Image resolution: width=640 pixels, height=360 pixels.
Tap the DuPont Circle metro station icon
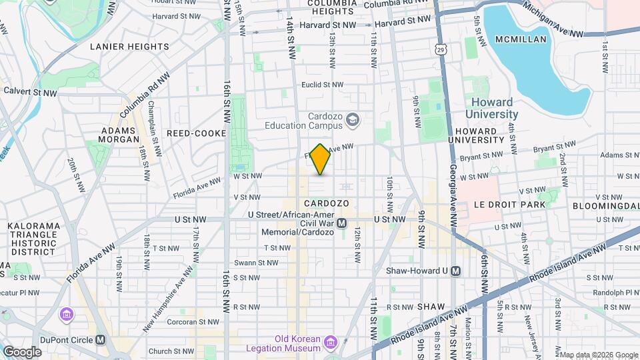click(x=101, y=339)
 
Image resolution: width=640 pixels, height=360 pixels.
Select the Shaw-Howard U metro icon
click(x=456, y=271)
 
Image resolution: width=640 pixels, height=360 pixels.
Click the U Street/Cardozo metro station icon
click(x=342, y=223)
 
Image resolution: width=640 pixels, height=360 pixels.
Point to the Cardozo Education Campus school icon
click(x=353, y=120)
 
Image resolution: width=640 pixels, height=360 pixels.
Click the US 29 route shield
click(x=441, y=48)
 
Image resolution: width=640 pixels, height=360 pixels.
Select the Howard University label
click(x=492, y=108)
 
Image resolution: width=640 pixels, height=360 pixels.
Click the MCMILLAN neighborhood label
click(x=521, y=39)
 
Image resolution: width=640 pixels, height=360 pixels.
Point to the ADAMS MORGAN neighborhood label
click(x=120, y=135)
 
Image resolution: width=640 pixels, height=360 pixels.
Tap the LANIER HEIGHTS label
click(x=129, y=47)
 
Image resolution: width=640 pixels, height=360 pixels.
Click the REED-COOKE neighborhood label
click(x=197, y=133)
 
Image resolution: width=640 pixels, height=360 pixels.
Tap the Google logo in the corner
click(x=22, y=351)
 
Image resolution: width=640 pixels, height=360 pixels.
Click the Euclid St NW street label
click(x=322, y=85)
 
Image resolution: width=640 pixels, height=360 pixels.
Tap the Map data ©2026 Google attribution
click(x=598, y=355)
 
